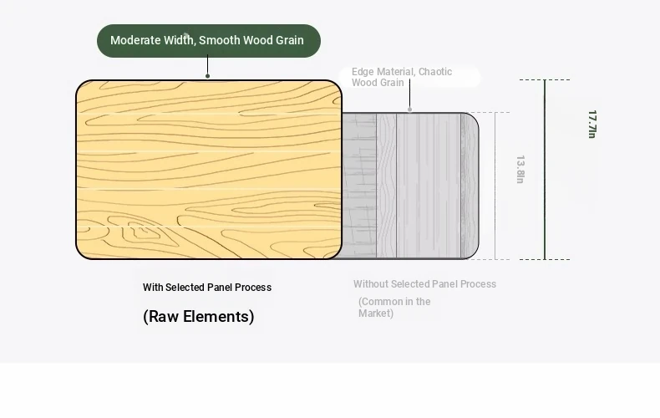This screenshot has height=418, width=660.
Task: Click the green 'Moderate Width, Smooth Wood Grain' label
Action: point(208,41)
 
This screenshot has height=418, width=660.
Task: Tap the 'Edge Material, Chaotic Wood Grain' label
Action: point(402,77)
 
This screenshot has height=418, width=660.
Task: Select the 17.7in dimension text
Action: point(591,124)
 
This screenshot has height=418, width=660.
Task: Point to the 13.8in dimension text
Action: point(520,169)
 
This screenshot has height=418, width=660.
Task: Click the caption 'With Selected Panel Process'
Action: point(207,288)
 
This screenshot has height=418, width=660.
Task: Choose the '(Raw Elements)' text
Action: point(199,317)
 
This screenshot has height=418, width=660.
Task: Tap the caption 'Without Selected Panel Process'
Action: point(424,284)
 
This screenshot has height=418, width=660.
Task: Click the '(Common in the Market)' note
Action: point(394,308)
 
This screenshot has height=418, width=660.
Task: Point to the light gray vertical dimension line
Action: point(495,186)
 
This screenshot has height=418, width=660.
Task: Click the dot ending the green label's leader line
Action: point(208,76)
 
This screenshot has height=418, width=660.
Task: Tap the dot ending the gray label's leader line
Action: point(409,110)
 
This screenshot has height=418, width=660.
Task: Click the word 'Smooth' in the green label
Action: point(220,40)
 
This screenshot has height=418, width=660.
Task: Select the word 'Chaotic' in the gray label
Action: point(435,72)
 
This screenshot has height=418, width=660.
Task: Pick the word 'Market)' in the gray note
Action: point(376,313)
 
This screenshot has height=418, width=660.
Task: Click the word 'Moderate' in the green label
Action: point(135,40)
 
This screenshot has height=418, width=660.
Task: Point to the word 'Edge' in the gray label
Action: point(363,72)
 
